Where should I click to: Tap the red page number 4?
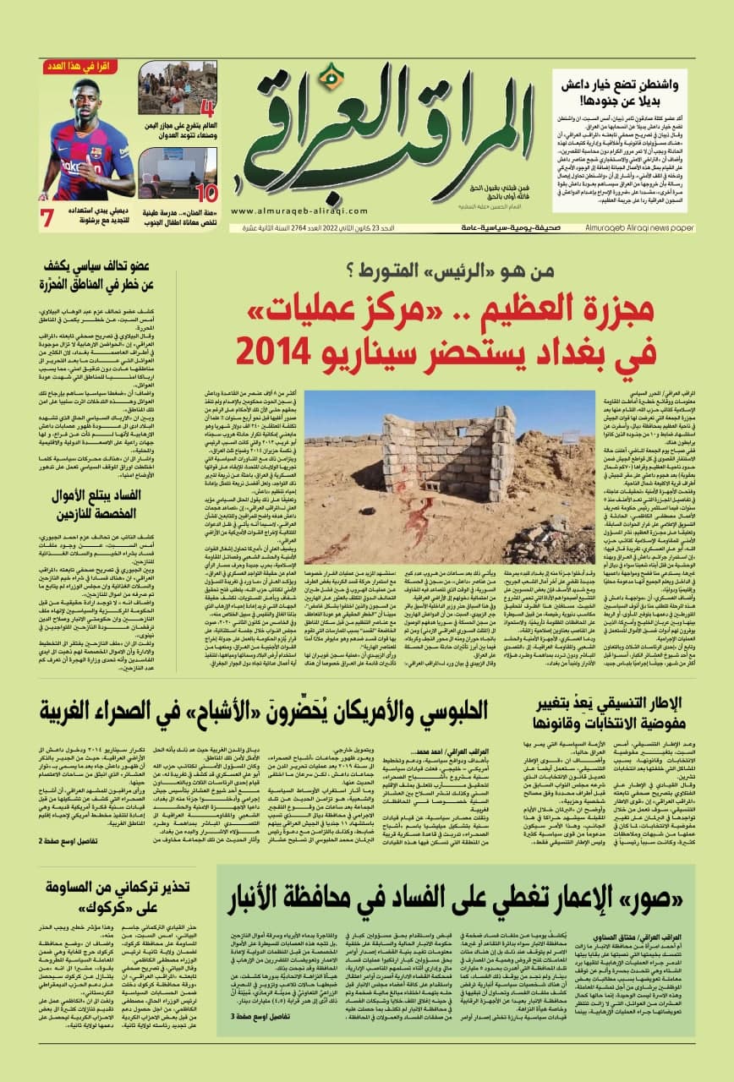[x=205, y=106]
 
